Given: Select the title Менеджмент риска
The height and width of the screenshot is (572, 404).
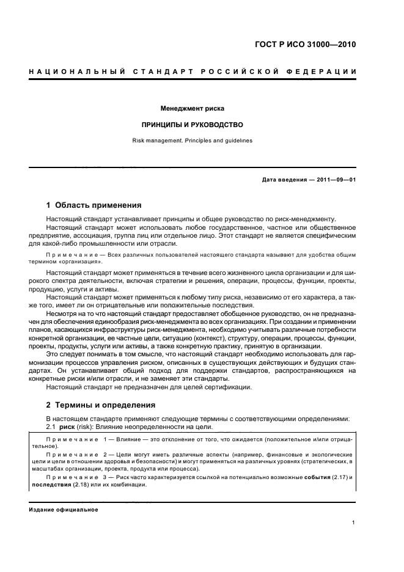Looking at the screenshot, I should (193, 108).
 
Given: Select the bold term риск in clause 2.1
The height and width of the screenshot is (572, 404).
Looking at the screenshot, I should (68, 426).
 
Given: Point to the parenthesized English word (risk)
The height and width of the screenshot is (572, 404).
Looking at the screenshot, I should (88, 426).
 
